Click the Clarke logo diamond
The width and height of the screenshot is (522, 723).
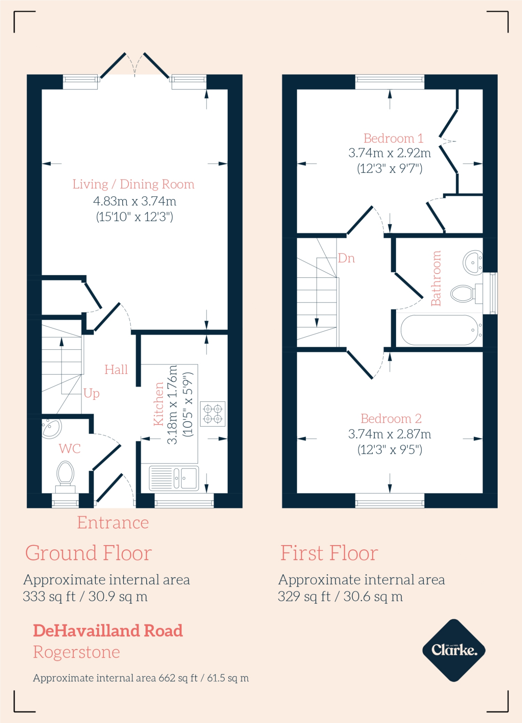454,650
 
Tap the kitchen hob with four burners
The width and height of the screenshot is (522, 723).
213,414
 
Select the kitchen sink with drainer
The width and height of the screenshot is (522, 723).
174,479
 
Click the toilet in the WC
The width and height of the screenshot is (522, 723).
65,475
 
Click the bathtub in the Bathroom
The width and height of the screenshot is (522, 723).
439,330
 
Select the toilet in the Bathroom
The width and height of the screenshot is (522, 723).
464,293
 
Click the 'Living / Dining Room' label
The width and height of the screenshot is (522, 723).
133,184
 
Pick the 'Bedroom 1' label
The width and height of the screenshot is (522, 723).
393,138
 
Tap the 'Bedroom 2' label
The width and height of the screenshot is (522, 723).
391,419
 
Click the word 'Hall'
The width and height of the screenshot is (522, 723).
116,370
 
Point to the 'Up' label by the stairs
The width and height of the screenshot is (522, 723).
91,393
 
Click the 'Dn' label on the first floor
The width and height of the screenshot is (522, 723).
346,258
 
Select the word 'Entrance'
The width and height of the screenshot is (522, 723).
113,522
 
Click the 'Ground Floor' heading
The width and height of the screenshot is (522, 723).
88,553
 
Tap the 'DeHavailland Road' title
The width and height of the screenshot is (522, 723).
108,631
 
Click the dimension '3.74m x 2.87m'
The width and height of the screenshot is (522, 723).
390,434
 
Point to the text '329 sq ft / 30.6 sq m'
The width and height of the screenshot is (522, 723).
340,597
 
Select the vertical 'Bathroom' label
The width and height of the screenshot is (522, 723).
436,278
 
